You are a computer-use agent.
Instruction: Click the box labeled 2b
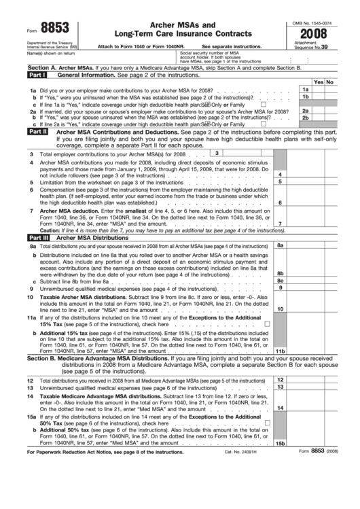[x=305, y=118]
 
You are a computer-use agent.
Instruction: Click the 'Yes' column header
[x=318, y=82]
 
